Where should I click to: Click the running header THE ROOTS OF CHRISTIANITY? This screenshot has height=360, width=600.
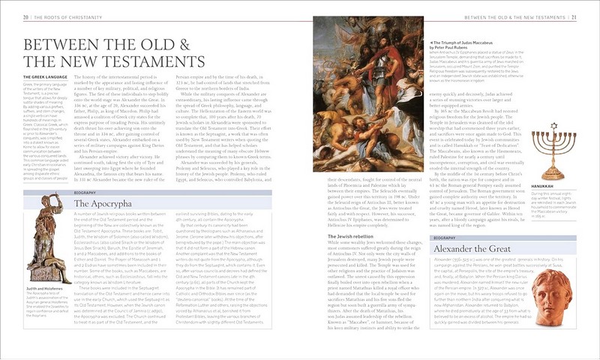point(67,16)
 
